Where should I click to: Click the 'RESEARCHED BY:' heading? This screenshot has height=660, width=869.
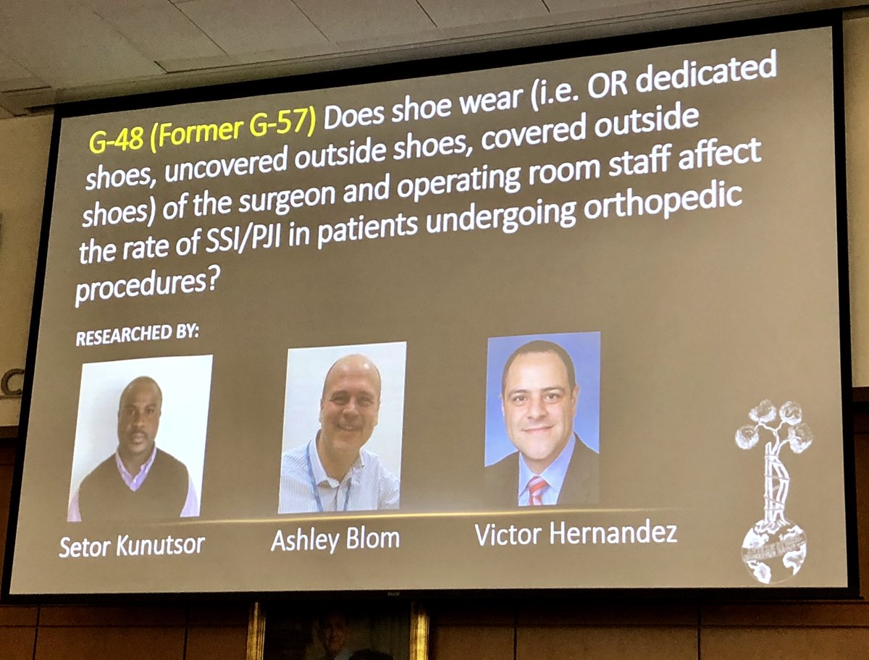click(137, 337)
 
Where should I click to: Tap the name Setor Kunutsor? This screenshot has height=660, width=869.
click(132, 545)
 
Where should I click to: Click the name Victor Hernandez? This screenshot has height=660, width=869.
click(576, 534)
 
